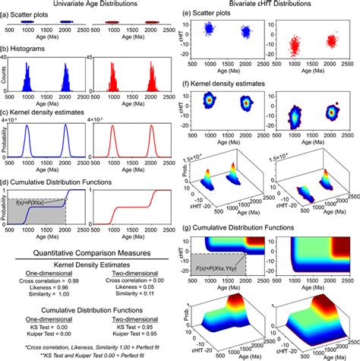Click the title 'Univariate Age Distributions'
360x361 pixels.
click(90, 6)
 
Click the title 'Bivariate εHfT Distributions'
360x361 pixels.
click(266, 6)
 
